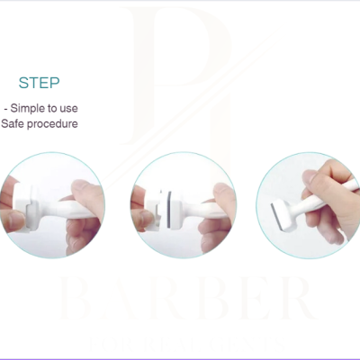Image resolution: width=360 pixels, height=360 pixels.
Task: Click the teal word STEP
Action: click(40, 83)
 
